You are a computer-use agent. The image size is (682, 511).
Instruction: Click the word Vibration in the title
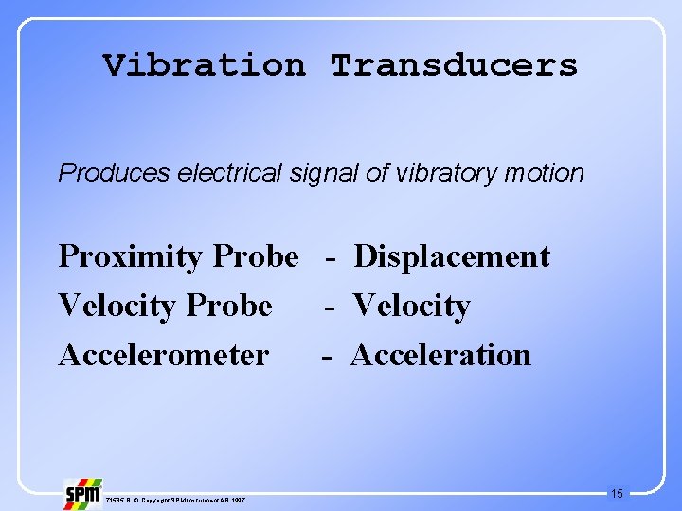point(205,65)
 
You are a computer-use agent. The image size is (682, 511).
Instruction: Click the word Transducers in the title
point(454,65)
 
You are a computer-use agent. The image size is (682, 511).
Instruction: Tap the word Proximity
point(130,257)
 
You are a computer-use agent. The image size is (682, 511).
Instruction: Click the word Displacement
point(451,257)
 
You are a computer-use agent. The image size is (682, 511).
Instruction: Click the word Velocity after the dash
point(412,307)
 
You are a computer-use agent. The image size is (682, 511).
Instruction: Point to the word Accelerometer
point(163,356)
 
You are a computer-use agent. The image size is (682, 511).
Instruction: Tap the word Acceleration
point(440,356)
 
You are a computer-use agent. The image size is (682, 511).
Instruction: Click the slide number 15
point(617,493)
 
